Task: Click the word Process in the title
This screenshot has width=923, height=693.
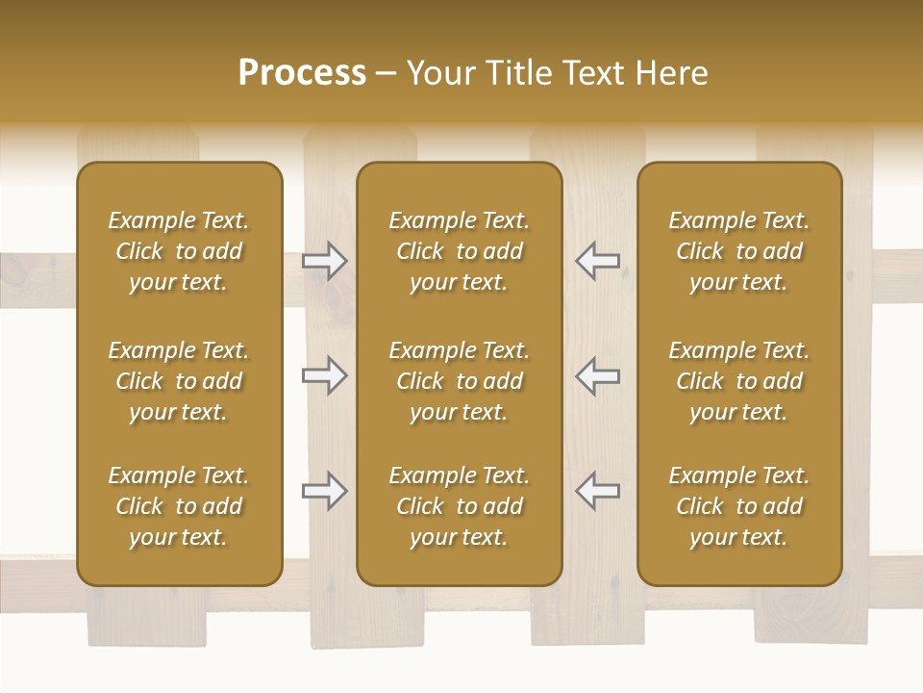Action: [302, 73]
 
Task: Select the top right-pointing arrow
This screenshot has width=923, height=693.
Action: [325, 261]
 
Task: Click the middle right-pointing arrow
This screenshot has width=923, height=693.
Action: [325, 375]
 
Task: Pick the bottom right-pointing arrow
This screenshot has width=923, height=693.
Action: [325, 491]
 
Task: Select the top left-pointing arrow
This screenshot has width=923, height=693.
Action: [597, 261]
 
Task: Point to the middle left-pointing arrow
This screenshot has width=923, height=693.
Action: [597, 375]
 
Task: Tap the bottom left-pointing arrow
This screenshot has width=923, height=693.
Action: [597, 491]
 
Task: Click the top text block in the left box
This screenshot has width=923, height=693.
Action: [179, 251]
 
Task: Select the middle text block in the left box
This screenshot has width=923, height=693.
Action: [179, 381]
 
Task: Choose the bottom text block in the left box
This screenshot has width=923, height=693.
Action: [179, 506]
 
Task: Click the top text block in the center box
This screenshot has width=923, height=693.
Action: [460, 251]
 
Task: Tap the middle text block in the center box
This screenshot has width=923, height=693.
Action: [460, 381]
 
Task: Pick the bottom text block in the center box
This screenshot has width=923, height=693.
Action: [460, 506]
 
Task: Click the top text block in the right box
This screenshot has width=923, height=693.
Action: [739, 251]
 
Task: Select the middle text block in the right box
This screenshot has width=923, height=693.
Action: [739, 381]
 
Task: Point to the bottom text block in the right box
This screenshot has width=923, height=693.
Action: [739, 506]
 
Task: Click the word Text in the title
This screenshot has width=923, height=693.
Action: [594, 73]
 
